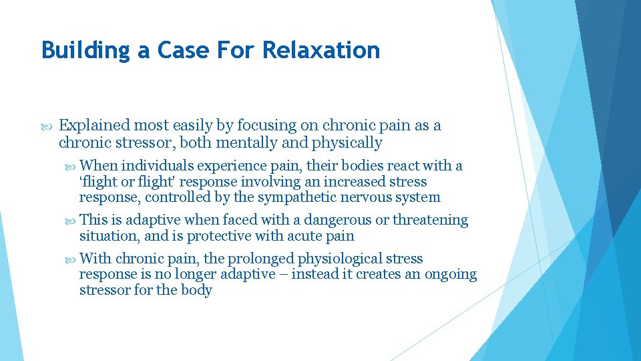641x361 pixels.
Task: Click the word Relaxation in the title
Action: tap(321, 50)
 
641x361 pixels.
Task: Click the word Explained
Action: tap(94, 126)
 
